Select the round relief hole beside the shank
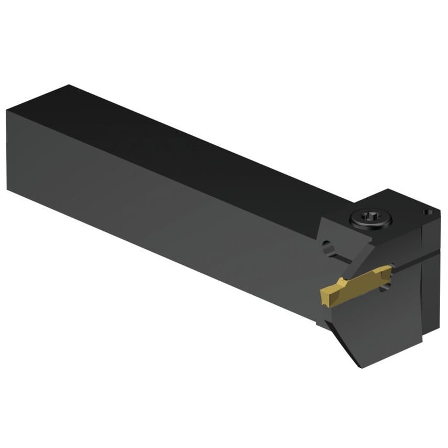coord(328,246)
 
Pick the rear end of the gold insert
coord(389,269)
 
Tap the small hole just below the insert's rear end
coord(387,286)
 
